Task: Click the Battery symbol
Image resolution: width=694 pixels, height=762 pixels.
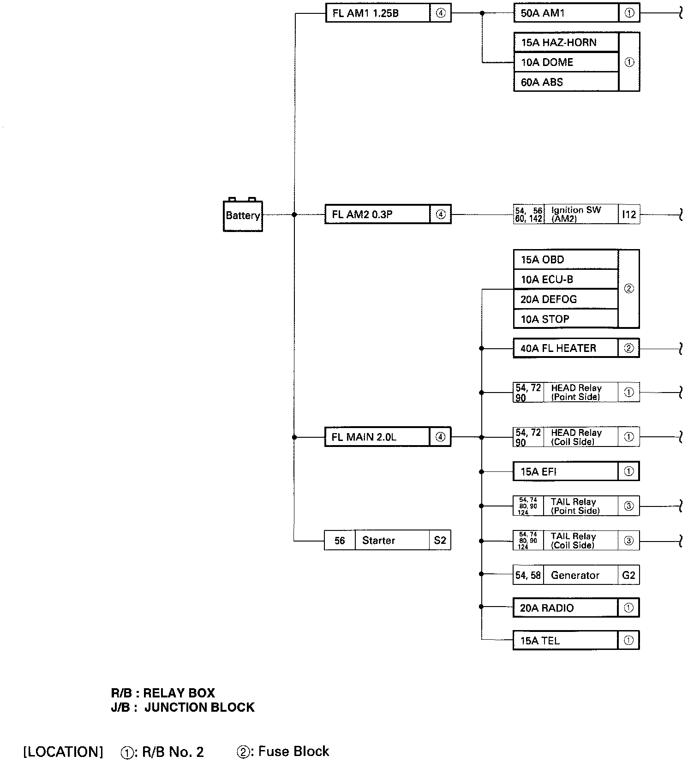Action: (x=243, y=215)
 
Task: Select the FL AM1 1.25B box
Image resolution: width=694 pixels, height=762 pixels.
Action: (x=378, y=13)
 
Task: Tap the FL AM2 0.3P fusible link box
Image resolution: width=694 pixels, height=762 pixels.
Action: (x=377, y=214)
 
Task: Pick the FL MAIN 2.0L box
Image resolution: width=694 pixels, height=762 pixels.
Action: (x=377, y=437)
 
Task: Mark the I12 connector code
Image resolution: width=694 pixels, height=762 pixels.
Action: (x=629, y=214)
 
